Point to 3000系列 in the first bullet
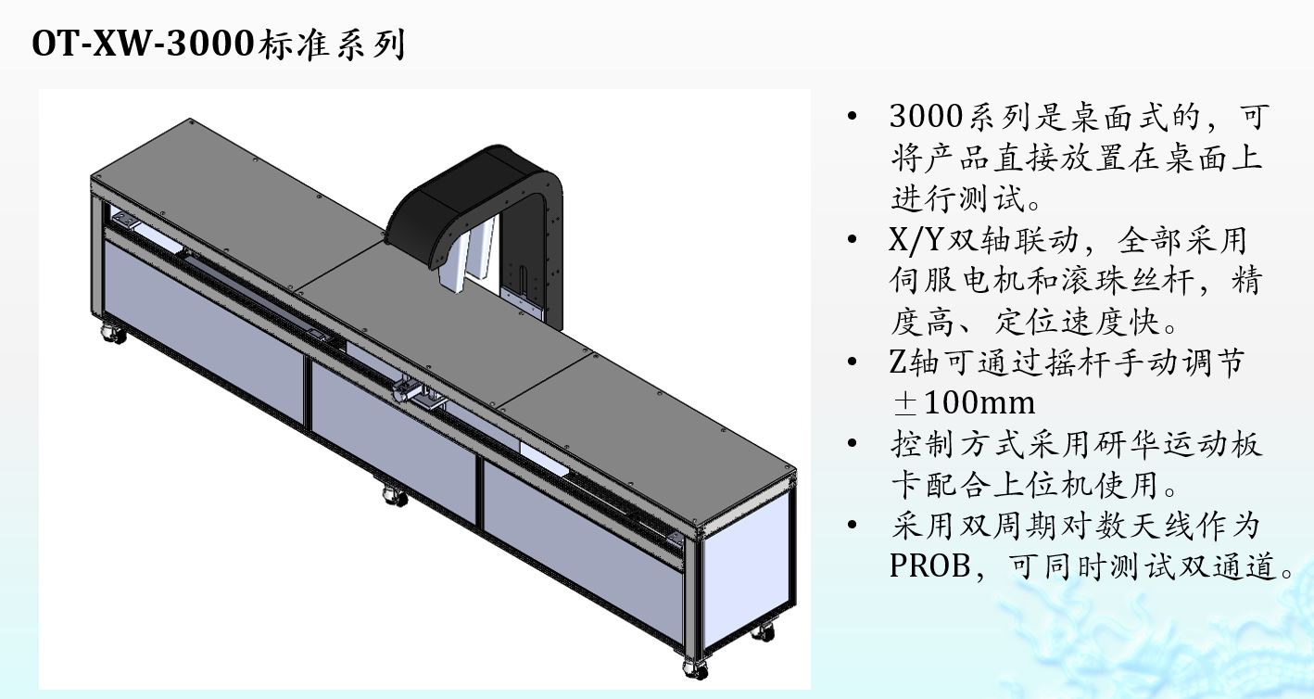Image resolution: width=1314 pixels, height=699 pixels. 958,118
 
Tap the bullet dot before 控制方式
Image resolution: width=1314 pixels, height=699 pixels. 853,444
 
